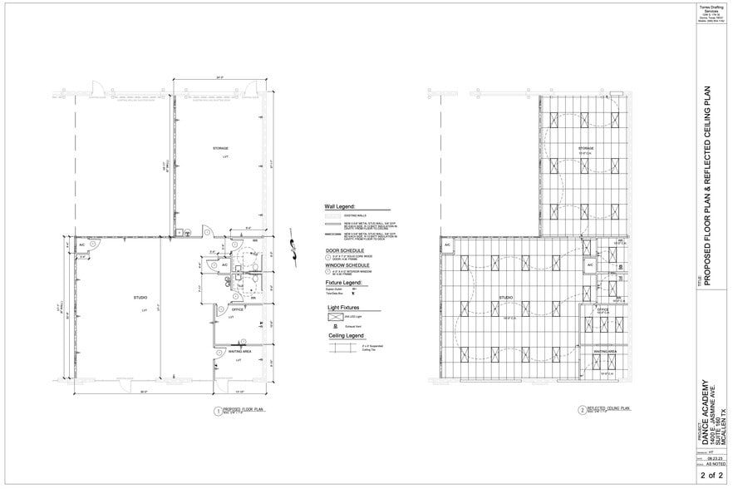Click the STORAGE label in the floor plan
coord(220,148)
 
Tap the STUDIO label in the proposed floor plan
coord(140,297)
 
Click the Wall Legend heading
coord(339,205)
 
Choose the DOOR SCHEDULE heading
coord(345,249)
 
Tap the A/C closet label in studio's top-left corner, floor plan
coord(82,246)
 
